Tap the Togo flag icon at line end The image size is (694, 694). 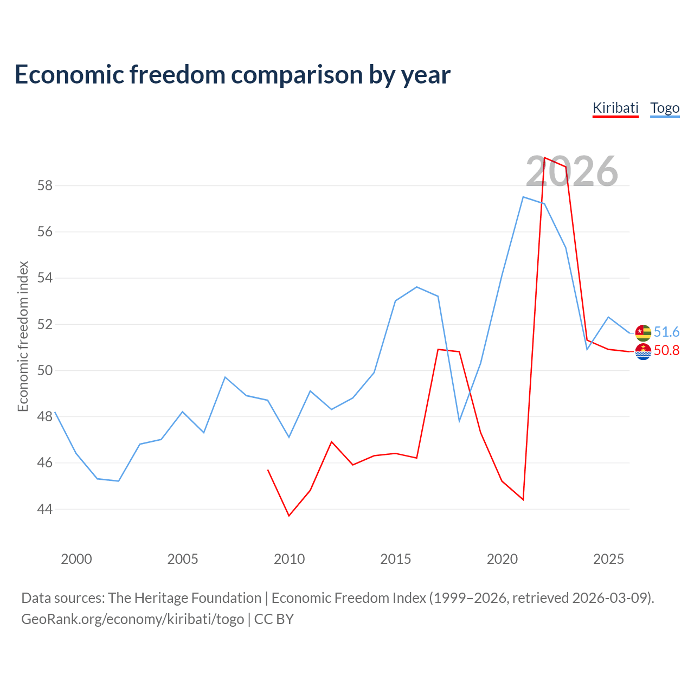point(643,333)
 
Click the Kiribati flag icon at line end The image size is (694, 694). point(643,351)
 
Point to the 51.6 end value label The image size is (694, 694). point(667,332)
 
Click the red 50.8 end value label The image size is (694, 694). point(667,350)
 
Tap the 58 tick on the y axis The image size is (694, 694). point(45,186)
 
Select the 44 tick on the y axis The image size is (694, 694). point(45,509)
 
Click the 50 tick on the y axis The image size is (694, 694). point(45,371)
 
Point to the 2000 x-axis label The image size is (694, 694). point(76,559)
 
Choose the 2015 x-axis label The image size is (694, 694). point(395,559)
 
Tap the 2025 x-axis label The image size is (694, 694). point(608,559)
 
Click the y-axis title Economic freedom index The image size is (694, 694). point(23,336)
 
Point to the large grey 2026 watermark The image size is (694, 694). point(571,171)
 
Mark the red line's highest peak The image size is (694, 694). point(544,157)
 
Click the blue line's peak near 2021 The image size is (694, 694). point(523,197)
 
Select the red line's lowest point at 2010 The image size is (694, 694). point(289,516)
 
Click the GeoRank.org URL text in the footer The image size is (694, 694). point(132,620)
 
